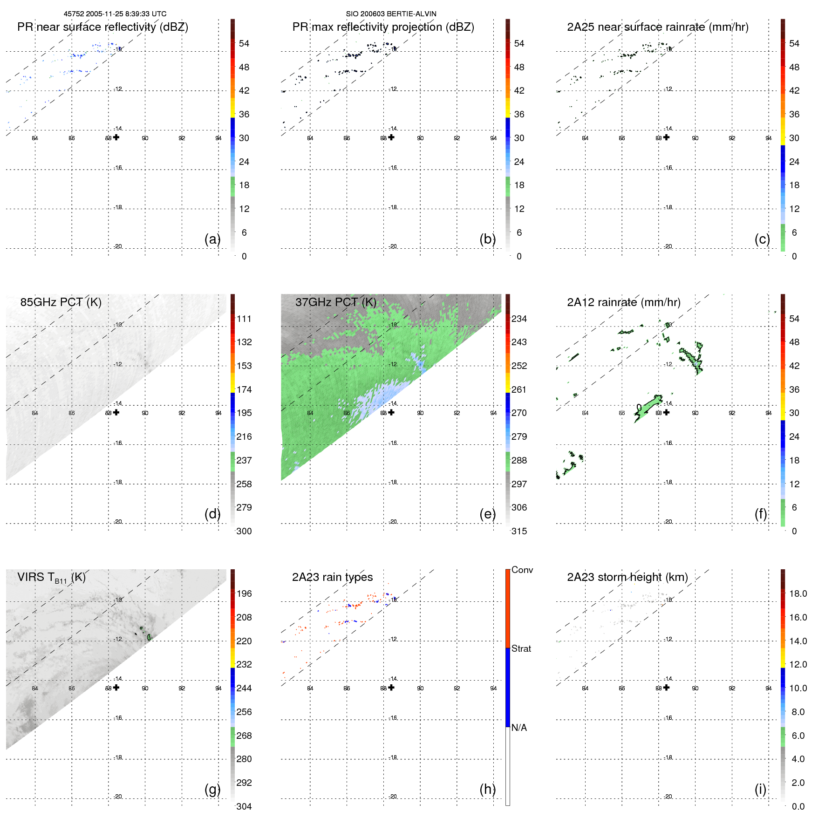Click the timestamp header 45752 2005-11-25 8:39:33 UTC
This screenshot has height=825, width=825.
coord(115,14)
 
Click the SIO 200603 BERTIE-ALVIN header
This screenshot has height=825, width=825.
coord(391,14)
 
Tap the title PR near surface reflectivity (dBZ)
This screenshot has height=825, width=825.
coord(102,27)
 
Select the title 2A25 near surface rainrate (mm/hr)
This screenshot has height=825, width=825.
coord(657,27)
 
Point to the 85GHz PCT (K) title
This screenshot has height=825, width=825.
coord(61,302)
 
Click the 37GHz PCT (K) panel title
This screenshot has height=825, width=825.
coord(335,302)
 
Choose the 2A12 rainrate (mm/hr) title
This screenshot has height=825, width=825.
coord(623,302)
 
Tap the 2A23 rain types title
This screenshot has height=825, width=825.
coord(332,577)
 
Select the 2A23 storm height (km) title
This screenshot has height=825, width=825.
coord(627,577)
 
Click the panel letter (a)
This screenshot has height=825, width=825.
coord(212,239)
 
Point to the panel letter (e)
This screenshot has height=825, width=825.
coord(487,514)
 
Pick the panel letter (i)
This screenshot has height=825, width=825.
coord(760,789)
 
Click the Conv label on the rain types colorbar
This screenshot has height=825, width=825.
coord(522,570)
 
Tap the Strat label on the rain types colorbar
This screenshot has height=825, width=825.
coord(521,648)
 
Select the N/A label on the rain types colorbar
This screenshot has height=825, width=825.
coord(519,728)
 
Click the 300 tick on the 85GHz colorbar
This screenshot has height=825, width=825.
coord(244,531)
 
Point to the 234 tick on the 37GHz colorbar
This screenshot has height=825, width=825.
coord(519,319)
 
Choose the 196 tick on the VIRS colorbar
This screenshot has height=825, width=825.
coord(244,593)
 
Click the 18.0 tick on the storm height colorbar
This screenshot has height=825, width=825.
coord(798,593)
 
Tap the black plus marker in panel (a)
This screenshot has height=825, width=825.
coord(116,137)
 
